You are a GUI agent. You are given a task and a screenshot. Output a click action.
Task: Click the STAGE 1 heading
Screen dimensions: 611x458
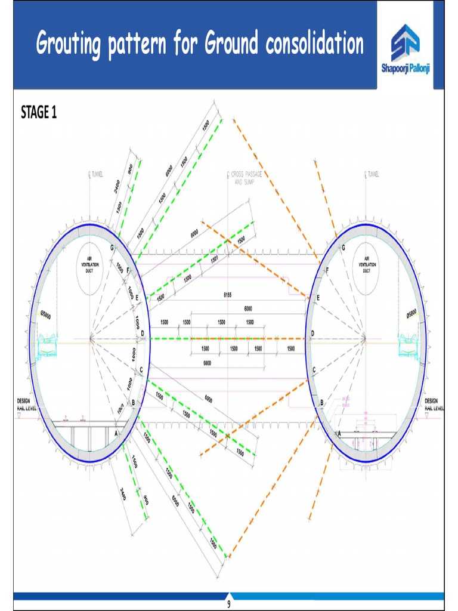39,112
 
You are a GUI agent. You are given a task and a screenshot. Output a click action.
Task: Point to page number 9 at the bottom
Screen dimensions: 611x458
228,604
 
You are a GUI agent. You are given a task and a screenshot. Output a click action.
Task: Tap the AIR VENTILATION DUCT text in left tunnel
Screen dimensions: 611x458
90,264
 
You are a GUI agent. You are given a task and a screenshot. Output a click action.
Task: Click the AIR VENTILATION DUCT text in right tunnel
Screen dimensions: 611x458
366,264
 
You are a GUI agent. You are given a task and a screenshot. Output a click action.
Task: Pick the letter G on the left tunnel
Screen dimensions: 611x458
112,248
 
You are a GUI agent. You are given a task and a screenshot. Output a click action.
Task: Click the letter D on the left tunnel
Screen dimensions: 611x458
143,333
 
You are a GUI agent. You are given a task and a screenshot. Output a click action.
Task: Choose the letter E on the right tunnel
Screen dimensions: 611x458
318,298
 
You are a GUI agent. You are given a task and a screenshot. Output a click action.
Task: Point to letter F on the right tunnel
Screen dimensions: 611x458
327,270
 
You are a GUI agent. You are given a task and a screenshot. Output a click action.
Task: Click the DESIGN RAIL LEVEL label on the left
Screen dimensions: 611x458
24,404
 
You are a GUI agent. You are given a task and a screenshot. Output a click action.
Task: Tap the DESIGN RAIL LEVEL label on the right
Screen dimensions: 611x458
434,404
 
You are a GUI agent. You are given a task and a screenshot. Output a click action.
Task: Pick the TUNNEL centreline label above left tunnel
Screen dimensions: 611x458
95,174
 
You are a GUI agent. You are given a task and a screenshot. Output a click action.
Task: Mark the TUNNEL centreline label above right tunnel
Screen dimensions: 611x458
371,174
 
